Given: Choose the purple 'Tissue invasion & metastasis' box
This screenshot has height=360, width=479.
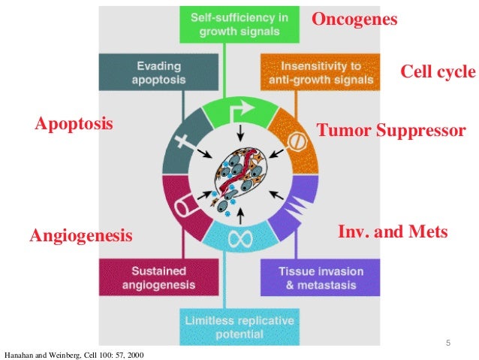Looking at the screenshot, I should [312, 277].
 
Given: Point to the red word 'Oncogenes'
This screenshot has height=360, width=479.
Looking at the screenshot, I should [354, 20].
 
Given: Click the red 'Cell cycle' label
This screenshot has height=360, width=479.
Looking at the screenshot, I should [438, 72].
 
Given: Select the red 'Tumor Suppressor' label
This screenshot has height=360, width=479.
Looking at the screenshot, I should [391, 132].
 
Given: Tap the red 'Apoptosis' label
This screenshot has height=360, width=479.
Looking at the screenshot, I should [74, 123].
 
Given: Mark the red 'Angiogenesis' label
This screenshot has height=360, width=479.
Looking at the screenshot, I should [80, 237].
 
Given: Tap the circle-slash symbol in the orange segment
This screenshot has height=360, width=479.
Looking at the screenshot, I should [296, 140].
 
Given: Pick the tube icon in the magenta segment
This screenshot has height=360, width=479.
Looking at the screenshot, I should [183, 209].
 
